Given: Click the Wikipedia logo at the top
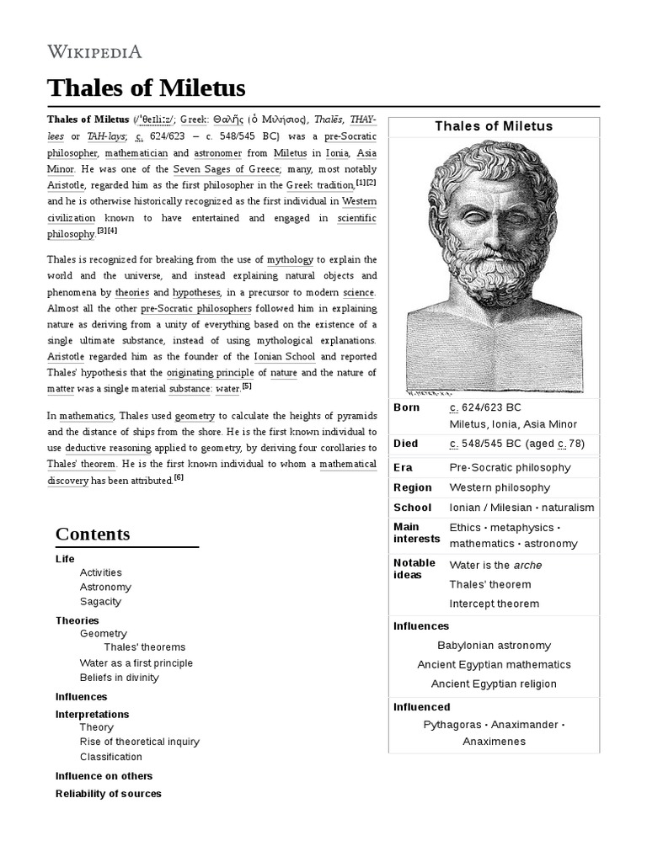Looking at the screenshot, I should (x=94, y=51).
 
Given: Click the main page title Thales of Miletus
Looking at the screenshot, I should (x=146, y=88).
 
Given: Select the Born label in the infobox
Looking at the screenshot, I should (x=406, y=407).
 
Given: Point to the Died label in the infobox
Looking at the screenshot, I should (x=405, y=444).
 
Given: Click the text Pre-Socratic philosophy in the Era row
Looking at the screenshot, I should (x=510, y=467).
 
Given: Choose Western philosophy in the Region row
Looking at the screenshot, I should (x=500, y=487).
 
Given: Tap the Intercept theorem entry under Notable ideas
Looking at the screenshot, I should (x=494, y=604).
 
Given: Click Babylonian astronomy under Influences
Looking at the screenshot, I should (x=494, y=646).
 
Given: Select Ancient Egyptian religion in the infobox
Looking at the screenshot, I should (x=494, y=684).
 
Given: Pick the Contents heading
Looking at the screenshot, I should (x=93, y=534).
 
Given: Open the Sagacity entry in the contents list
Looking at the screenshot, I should (x=100, y=602).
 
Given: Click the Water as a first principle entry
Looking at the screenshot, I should (x=136, y=663).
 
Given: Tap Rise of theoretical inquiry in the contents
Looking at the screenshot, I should (x=139, y=742).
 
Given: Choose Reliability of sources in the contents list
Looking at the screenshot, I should (x=108, y=794).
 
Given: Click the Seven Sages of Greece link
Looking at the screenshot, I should (x=224, y=168).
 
